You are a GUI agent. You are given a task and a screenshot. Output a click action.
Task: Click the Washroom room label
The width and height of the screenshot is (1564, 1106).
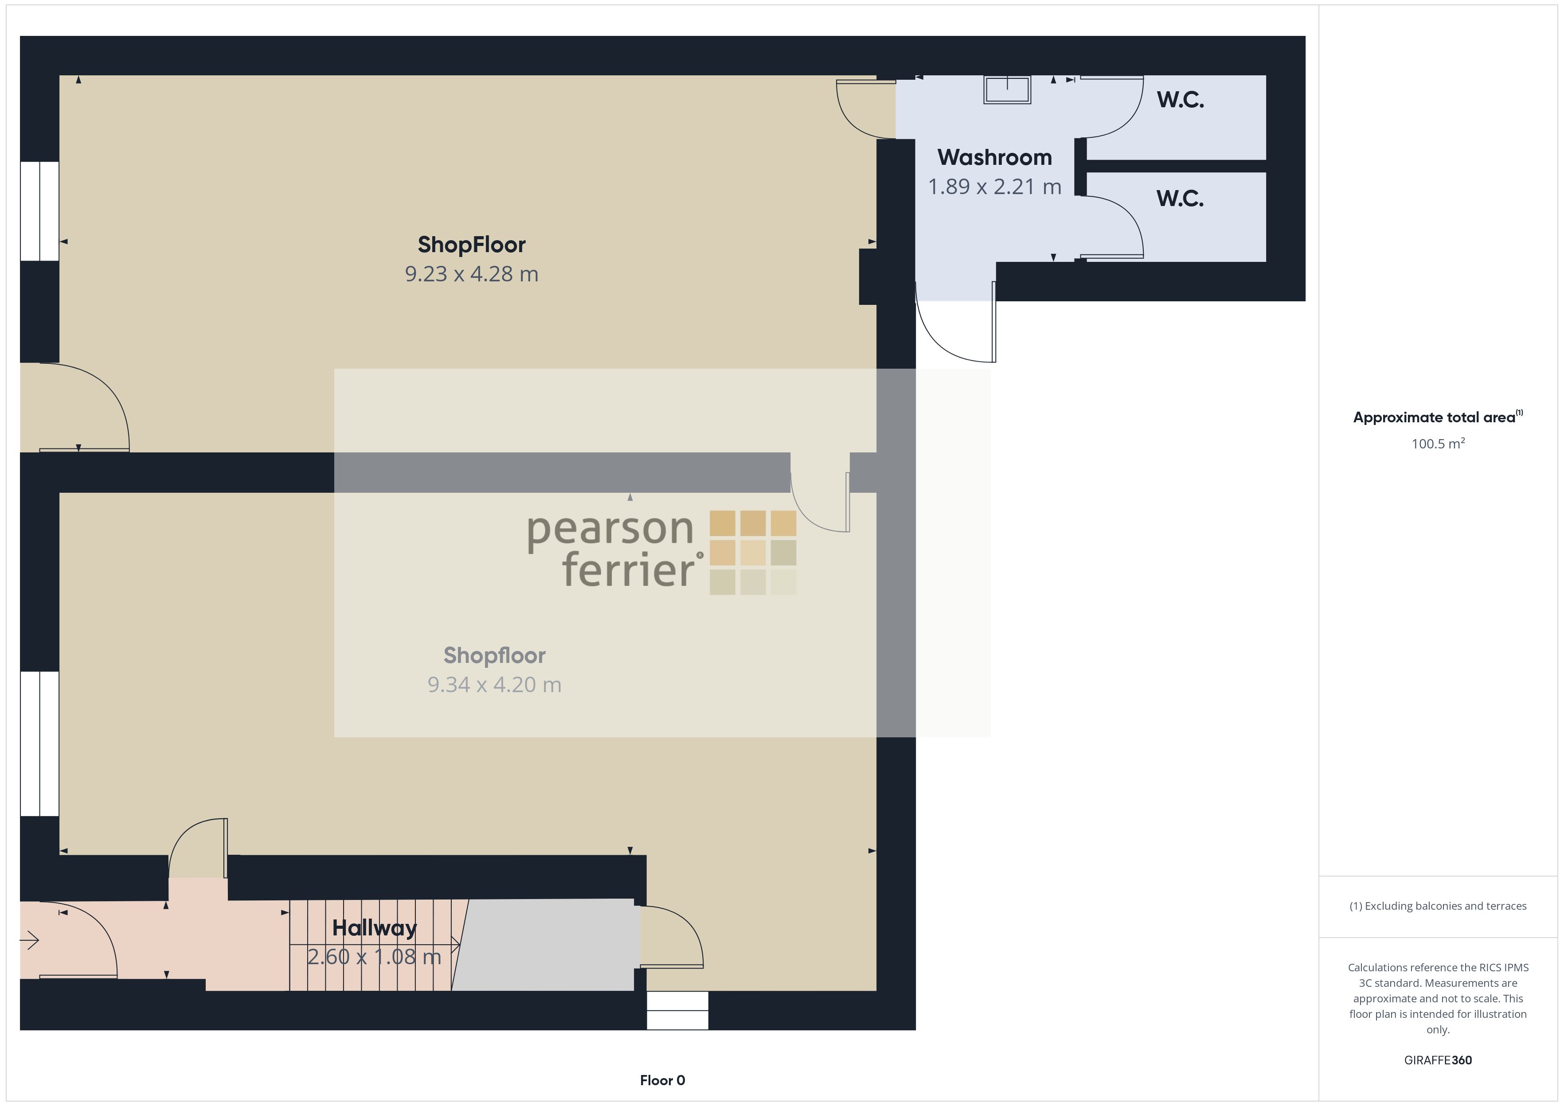coord(994,157)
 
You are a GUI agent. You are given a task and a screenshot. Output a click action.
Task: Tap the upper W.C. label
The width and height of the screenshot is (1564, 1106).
coord(1181,100)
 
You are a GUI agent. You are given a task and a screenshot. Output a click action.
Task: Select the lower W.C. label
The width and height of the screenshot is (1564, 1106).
coord(1181,199)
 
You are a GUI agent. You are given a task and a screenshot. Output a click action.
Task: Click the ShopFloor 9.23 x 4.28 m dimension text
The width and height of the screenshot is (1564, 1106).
coord(471,274)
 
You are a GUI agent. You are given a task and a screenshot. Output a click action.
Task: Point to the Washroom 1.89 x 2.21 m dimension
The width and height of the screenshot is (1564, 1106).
coord(994,187)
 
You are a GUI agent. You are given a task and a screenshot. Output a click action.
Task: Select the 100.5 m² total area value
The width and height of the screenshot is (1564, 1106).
coord(1438,444)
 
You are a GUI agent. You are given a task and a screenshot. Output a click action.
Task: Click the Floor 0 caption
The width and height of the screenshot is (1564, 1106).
coord(662,1080)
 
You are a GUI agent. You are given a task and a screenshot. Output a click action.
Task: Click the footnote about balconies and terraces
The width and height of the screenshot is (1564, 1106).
coord(1438,906)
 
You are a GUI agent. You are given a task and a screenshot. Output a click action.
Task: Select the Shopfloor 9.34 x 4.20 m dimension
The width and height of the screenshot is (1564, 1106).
coord(495,685)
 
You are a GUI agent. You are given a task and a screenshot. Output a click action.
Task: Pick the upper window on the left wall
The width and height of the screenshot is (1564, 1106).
coord(39,211)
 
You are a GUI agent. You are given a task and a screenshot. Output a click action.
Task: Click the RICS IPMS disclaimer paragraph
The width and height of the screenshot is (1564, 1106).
coord(1438,998)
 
